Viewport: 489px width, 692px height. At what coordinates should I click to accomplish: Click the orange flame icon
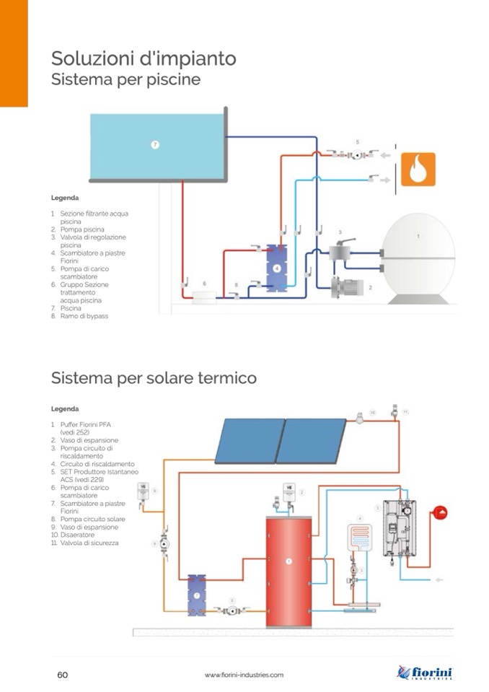[x=418, y=170]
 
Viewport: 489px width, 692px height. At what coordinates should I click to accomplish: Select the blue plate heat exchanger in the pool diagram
[x=276, y=268]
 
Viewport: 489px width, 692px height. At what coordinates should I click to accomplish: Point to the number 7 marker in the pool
[x=154, y=144]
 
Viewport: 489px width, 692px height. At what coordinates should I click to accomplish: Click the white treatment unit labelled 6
[x=205, y=296]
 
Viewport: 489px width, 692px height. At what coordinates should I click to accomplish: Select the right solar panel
[x=311, y=440]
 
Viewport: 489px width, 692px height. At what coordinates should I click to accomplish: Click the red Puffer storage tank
[x=288, y=570]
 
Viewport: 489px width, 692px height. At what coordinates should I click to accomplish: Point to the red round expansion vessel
[x=439, y=513]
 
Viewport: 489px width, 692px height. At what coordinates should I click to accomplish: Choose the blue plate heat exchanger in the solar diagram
[x=196, y=594]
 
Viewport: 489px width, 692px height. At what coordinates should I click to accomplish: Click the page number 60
[x=63, y=675]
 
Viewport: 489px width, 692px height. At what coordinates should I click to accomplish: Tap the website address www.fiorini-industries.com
[x=244, y=675]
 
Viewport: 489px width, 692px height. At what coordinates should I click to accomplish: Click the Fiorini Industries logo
[x=425, y=673]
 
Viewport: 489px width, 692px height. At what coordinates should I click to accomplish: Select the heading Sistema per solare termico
[x=154, y=377]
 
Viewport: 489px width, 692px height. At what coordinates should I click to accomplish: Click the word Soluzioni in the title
[x=87, y=58]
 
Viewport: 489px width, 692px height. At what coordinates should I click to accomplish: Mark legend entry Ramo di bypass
[x=84, y=316]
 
